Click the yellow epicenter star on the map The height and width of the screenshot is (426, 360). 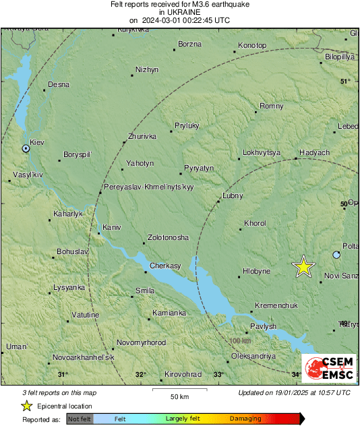303,267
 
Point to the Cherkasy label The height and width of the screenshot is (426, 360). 166,266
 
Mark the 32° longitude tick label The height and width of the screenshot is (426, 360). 140,375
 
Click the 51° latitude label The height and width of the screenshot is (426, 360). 345,81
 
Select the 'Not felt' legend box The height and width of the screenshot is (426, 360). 80,419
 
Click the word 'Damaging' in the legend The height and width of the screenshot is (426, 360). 246,419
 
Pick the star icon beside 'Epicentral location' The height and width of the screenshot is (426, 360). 26,406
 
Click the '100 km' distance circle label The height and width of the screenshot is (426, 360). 240,341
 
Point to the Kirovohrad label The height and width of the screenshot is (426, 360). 185,374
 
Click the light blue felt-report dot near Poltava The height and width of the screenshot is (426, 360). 337,254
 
